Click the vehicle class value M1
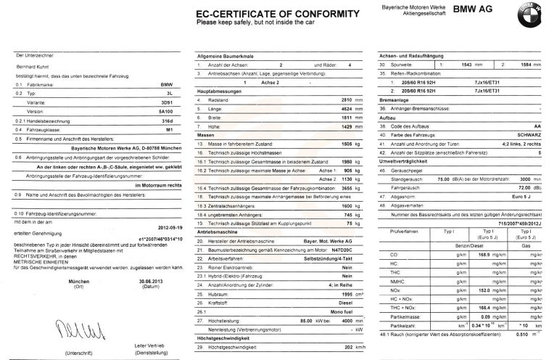pos(168,130)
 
